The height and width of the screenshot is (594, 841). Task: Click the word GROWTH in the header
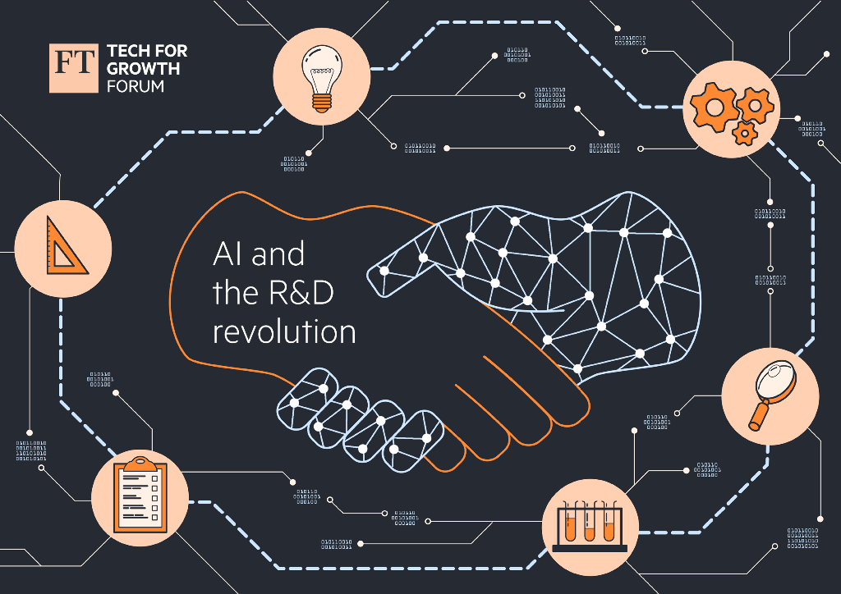tap(143, 68)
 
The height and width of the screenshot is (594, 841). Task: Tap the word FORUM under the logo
tap(135, 85)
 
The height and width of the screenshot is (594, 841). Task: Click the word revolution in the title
tap(284, 332)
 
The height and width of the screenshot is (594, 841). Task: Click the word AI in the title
tap(227, 254)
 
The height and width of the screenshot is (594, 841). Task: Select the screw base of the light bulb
tap(320, 102)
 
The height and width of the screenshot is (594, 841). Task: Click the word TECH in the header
tap(125, 51)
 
